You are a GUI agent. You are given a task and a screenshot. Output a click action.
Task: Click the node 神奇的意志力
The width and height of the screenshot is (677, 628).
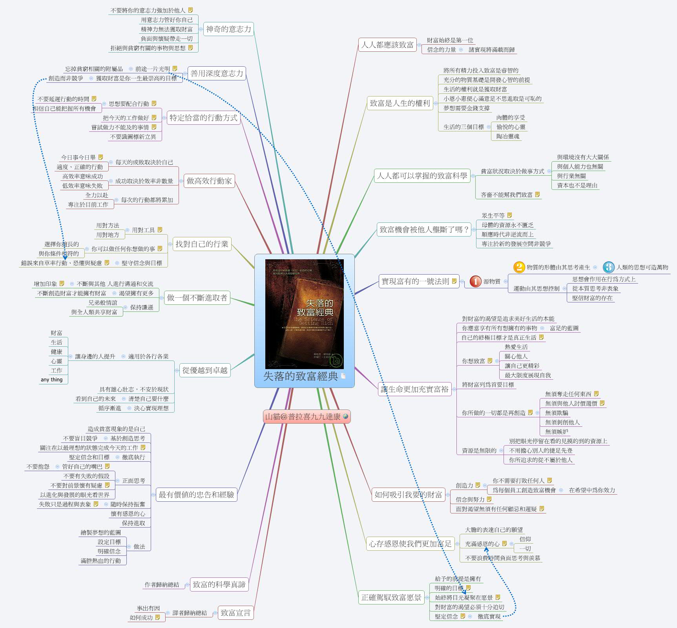coord(228,29)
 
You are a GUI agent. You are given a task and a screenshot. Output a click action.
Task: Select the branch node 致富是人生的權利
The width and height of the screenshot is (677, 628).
coord(400,103)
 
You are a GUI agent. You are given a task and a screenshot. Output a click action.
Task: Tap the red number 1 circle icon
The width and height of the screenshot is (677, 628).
coord(475,281)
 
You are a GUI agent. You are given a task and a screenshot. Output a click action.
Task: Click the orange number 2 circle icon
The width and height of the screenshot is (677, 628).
coord(519,267)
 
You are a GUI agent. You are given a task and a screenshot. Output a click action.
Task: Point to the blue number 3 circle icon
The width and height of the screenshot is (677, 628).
coord(608,267)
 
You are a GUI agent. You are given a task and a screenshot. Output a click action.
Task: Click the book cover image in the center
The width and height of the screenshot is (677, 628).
coord(304,314)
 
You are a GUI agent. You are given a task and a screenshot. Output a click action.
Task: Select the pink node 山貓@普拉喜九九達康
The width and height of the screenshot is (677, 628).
coord(306,417)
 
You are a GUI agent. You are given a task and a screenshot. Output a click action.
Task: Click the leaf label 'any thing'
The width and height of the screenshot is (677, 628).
coord(51,380)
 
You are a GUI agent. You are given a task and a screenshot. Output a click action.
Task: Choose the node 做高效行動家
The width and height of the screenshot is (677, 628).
coord(209,181)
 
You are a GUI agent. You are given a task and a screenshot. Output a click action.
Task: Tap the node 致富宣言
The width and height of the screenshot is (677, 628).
coord(235,613)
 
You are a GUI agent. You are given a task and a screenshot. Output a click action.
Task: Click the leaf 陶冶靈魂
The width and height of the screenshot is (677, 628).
coord(507,137)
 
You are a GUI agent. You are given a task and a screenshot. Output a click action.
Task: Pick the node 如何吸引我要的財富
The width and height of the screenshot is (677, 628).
coord(408,495)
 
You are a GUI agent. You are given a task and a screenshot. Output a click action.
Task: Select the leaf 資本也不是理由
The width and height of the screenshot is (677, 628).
coord(577,186)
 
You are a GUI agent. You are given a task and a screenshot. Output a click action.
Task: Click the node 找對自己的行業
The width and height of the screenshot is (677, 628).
coord(202,244)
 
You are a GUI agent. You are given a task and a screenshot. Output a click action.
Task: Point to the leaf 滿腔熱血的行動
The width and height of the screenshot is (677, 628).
coord(101,561)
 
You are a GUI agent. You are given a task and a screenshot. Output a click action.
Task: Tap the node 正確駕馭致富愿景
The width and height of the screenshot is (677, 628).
coord(391,597)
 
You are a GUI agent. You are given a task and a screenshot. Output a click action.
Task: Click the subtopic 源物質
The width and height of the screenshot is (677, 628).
coord(492,281)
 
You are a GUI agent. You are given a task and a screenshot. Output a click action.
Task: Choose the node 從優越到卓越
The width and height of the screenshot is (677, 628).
coord(205,370)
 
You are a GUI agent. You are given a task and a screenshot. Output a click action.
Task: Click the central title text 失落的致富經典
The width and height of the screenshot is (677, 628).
coord(300,377)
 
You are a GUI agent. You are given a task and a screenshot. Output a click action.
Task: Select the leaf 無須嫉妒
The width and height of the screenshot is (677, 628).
coord(556,432)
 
